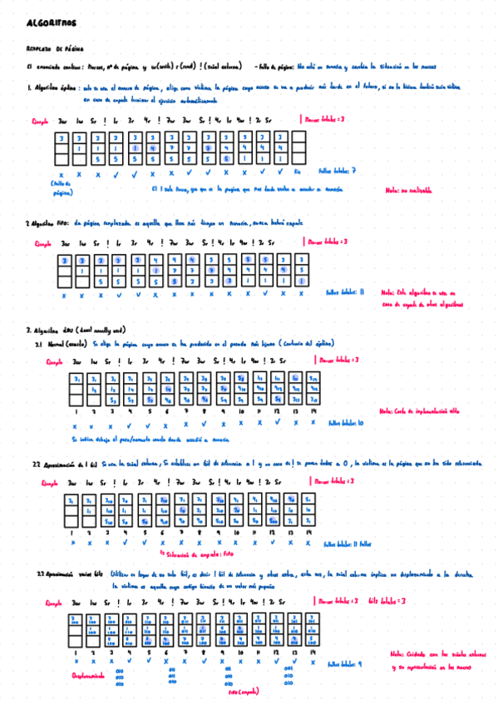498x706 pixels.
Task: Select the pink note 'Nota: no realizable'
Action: click(409, 190)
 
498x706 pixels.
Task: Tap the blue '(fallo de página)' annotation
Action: click(62, 187)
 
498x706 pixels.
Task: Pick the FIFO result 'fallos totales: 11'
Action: click(346, 292)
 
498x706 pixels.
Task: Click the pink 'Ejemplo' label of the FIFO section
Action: click(43, 243)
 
